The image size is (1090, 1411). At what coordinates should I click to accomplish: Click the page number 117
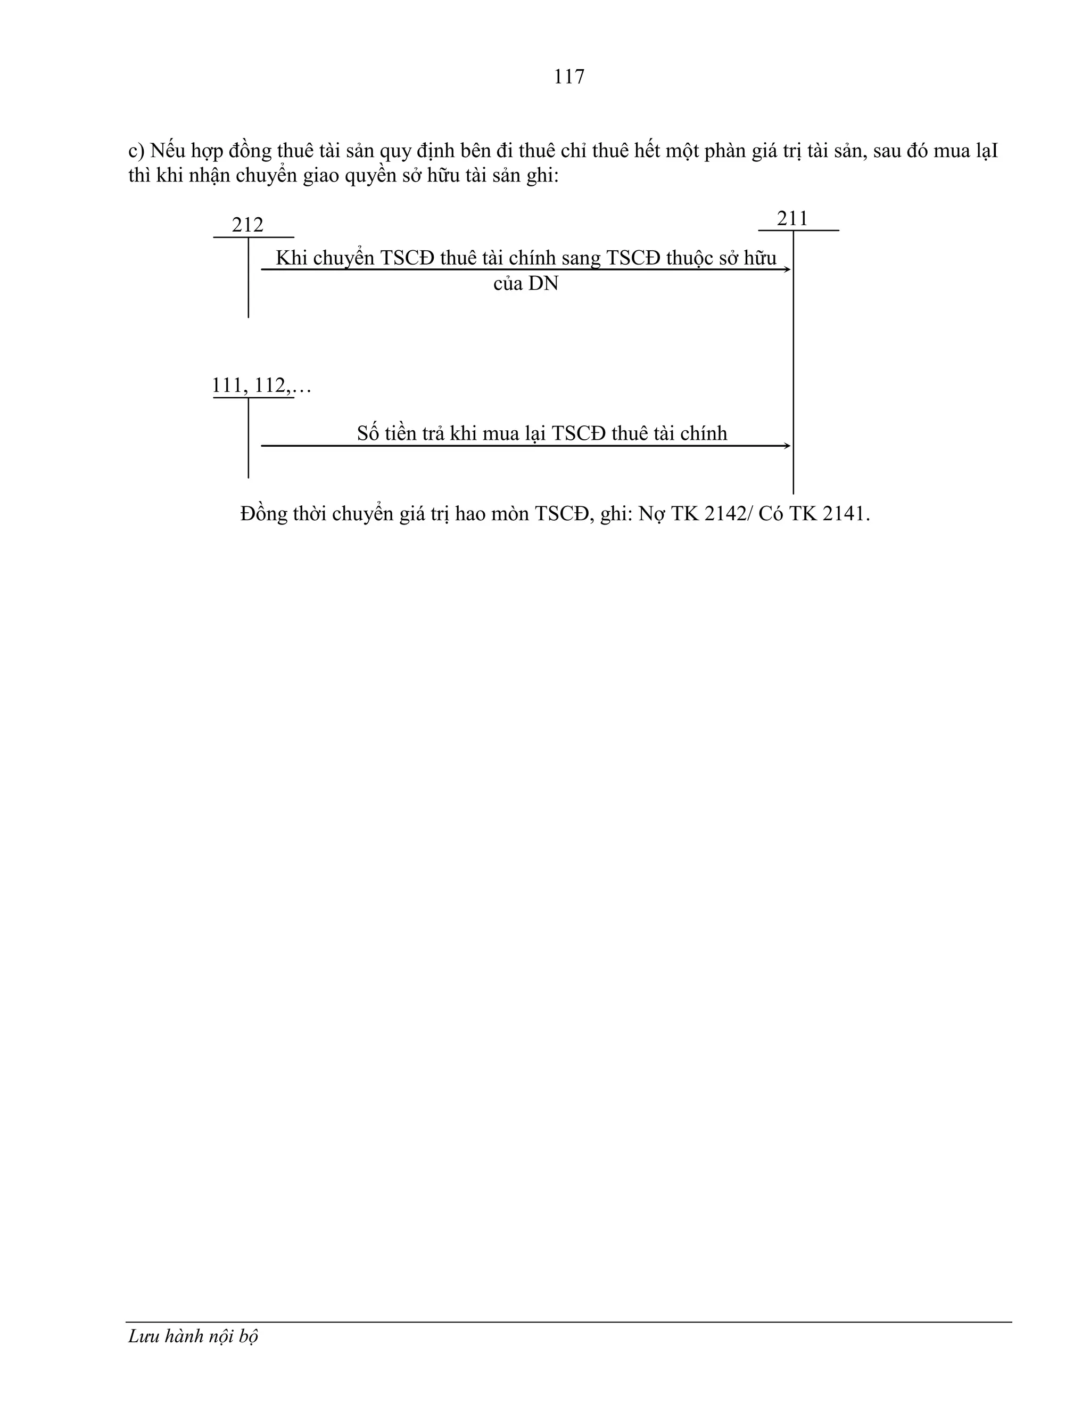(x=568, y=77)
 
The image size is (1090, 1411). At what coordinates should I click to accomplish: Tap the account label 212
(x=247, y=225)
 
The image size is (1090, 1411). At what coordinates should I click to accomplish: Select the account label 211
(x=792, y=219)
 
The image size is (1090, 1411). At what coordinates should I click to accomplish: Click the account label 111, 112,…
(x=261, y=385)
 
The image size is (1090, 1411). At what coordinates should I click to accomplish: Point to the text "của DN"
(x=526, y=284)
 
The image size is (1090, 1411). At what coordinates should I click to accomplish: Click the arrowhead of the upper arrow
(x=787, y=269)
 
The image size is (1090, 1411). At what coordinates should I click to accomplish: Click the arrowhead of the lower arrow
(x=787, y=446)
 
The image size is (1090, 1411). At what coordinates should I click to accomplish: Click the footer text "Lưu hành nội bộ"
(x=193, y=1336)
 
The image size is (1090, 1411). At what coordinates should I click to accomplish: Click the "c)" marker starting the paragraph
(x=136, y=152)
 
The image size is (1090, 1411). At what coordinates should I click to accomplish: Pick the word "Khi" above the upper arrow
(x=291, y=258)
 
